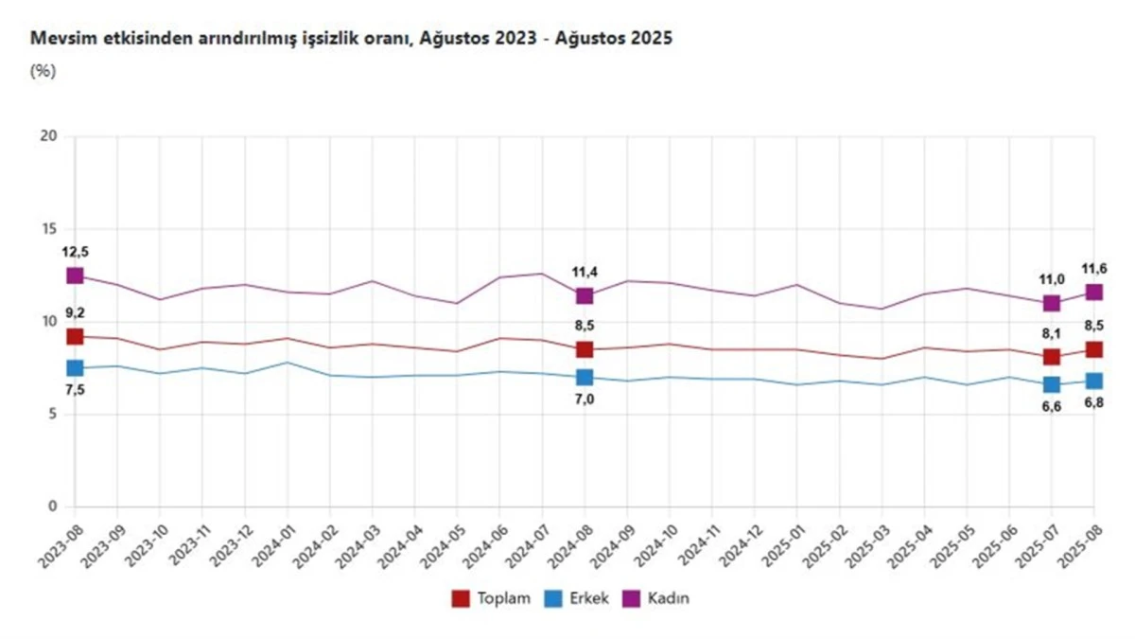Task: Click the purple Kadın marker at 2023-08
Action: (75, 275)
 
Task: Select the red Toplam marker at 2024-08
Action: (585, 349)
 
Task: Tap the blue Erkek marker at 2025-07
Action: (1052, 384)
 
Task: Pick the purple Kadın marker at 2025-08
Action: (1094, 293)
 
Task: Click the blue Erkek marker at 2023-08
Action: (75, 368)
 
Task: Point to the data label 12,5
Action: (75, 252)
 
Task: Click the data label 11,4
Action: (585, 273)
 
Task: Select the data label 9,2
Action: (75, 314)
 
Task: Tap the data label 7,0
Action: (585, 399)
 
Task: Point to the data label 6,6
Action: (1052, 408)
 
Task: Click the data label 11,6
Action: (1094, 270)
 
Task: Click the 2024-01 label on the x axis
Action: (269, 543)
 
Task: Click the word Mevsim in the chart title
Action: (59, 39)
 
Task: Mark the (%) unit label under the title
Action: (44, 70)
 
